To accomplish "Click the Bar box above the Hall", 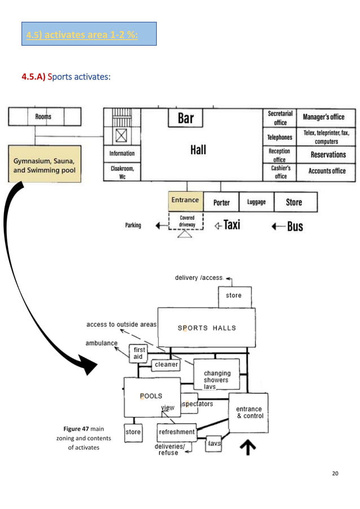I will [186, 119].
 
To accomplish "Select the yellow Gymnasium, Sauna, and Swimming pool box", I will [45, 164].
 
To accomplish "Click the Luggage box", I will [256, 202].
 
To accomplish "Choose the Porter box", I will [221, 202].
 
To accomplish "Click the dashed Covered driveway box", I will [187, 221].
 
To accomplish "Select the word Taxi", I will [231, 225].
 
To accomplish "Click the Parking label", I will [133, 226].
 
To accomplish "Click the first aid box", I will [139, 353].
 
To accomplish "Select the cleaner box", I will [166, 365].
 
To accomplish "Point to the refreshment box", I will [177, 432].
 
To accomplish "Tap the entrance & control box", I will [249, 413].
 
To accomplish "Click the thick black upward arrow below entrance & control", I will [248, 447].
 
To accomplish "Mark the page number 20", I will [335, 473].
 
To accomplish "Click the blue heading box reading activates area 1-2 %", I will [88, 34].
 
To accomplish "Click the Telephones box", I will [280, 137].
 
